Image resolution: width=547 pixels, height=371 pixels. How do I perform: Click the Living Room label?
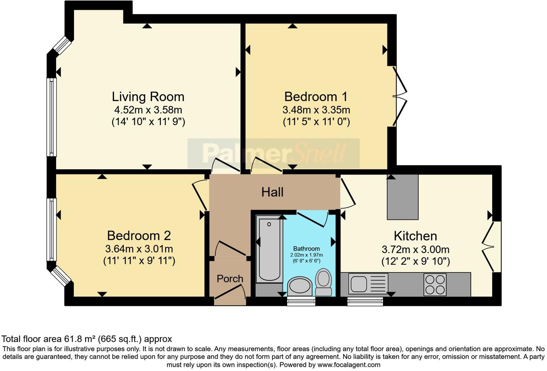tap(148, 97)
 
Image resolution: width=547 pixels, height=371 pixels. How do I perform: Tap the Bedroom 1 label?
tap(316, 97)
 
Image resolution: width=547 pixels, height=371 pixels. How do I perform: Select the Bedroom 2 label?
tap(139, 236)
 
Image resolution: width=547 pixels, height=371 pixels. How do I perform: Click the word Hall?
tap(272, 192)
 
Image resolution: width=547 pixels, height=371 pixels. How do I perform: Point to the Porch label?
tap(230, 279)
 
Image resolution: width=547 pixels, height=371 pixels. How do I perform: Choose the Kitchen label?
tap(415, 236)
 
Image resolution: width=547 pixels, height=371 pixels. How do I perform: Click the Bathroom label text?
tap(306, 249)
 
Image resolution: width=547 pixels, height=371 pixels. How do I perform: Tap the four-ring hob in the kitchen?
tap(435, 284)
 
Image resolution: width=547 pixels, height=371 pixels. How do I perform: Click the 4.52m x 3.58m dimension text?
tap(148, 110)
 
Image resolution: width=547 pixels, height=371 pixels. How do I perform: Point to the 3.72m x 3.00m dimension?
tap(415, 249)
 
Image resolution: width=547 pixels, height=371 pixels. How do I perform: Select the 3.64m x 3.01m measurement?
tap(139, 249)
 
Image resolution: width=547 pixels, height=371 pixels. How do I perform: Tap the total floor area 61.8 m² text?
tap(87, 339)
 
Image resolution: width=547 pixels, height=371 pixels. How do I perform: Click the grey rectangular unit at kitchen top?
tap(402, 197)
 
